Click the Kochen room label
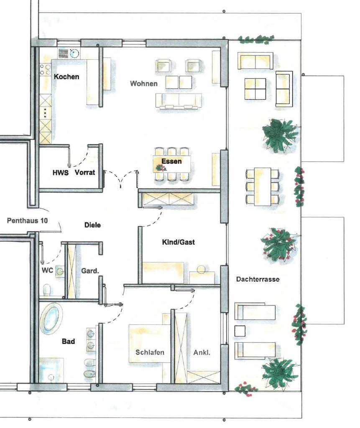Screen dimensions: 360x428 [66, 77]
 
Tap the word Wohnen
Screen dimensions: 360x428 [144, 84]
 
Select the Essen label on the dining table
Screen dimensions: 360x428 [171, 161]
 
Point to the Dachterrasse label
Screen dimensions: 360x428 [258, 279]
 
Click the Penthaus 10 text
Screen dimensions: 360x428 [27, 221]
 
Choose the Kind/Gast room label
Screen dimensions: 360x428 [179, 242]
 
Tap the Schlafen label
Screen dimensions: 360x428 [150, 352]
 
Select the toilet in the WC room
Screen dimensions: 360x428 [47, 290]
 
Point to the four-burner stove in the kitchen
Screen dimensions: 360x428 [45, 69]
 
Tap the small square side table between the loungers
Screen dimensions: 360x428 [240, 331]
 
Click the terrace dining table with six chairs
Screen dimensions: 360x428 [263, 187]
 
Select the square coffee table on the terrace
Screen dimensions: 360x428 [255, 89]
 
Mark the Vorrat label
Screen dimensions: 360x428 [85, 173]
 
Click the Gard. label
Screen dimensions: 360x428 [90, 271]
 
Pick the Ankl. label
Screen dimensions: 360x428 [202, 352]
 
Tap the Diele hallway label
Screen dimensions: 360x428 [92, 225]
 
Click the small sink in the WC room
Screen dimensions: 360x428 [60, 271]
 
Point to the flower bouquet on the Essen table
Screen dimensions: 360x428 [161, 168]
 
